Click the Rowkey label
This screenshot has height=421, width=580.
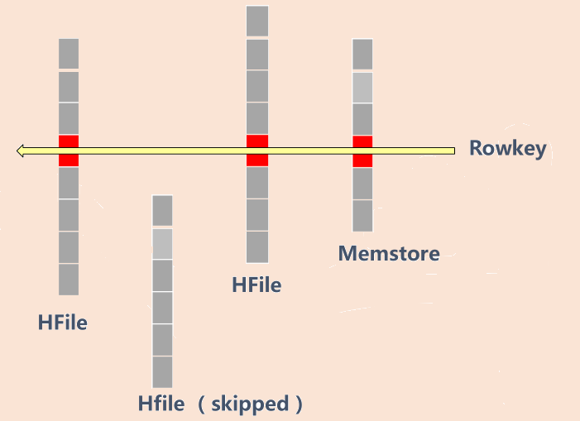(x=507, y=149)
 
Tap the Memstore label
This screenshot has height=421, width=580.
(x=389, y=253)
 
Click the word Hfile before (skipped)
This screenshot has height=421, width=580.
(x=161, y=404)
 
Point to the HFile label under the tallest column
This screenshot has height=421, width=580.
(x=256, y=285)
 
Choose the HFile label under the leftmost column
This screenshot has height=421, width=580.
(x=62, y=323)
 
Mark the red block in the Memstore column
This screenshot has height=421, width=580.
(x=362, y=151)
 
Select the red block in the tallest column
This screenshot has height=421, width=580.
(x=257, y=150)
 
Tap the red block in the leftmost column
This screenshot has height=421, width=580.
(x=69, y=151)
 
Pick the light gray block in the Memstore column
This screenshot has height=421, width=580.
(x=362, y=87)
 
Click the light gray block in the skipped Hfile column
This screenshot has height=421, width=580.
(x=162, y=243)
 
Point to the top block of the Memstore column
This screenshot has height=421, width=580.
(x=362, y=55)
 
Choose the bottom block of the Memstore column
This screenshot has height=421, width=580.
(x=362, y=216)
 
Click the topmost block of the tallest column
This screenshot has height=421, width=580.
(x=257, y=22)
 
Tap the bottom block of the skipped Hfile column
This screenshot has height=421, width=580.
(x=162, y=372)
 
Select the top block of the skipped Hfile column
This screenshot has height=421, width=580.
(x=162, y=210)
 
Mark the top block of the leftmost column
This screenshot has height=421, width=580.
(x=69, y=54)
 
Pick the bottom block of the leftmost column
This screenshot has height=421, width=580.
(x=69, y=280)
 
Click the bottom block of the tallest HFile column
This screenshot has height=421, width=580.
(x=257, y=247)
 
